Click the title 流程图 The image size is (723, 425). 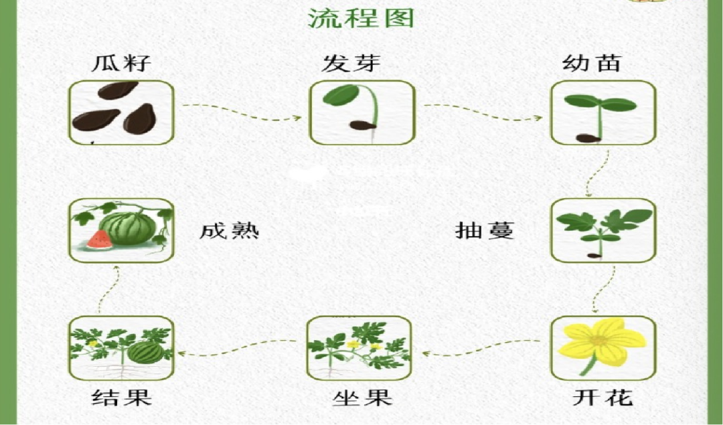point(361,18)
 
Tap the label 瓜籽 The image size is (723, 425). point(120,63)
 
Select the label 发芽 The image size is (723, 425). point(351,63)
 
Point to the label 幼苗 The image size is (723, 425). point(592,63)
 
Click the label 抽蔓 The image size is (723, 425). point(485,230)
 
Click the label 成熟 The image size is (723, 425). point(229,230)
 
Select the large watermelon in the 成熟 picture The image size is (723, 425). point(128,228)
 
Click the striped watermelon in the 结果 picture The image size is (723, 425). point(145,351)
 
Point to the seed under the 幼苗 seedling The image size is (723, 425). point(588,138)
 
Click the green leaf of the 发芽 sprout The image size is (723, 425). point(341,95)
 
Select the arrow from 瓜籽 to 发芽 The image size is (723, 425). point(242,112)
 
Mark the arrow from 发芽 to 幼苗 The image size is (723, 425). point(483,112)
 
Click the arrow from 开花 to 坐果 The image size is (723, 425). point(481,347)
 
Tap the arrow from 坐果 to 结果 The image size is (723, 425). point(237,347)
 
